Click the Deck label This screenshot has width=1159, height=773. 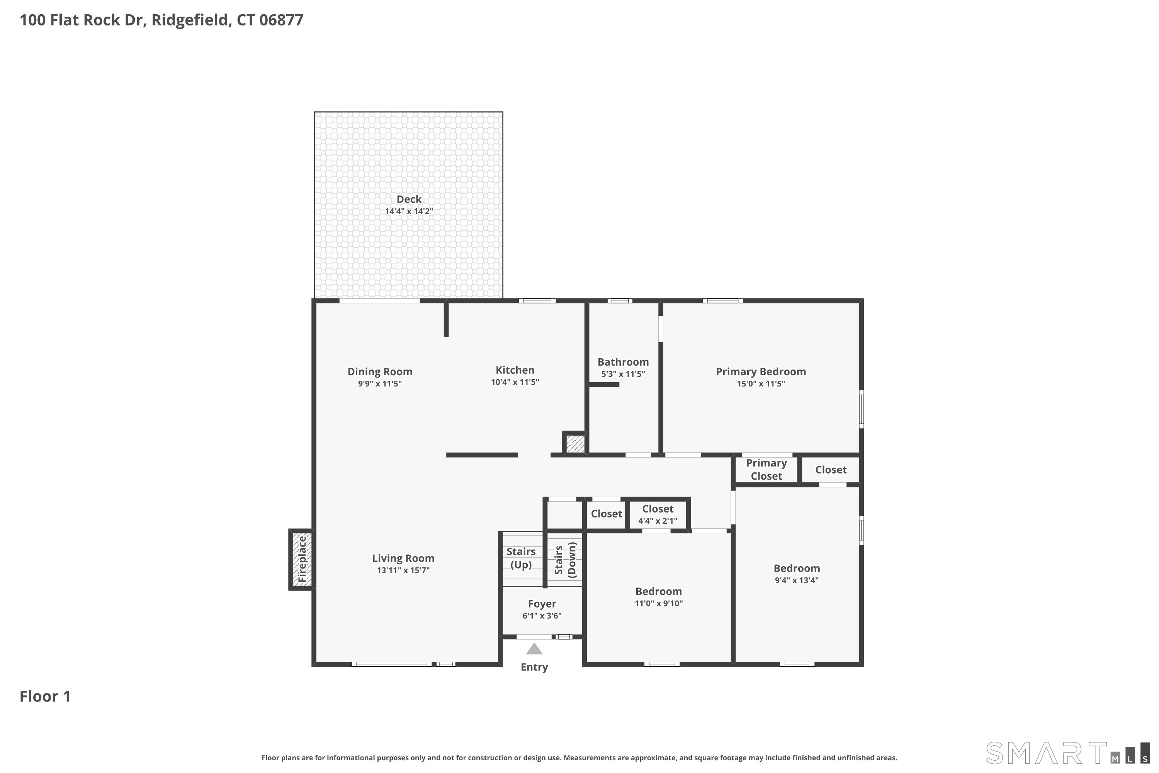(409, 199)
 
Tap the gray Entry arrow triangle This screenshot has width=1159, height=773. (534, 649)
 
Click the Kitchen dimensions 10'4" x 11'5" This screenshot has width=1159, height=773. (515, 382)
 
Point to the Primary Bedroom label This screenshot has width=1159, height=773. (761, 372)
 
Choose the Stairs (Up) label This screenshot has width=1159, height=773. (521, 558)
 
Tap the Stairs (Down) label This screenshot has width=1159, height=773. (565, 560)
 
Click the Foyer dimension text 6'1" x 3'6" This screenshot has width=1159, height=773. (542, 616)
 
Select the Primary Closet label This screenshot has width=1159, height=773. (766, 469)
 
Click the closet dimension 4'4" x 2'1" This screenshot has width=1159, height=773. (658, 521)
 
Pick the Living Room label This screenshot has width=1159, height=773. (403, 558)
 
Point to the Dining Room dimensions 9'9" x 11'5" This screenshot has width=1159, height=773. (380, 383)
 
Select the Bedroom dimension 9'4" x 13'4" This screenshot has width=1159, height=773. (797, 580)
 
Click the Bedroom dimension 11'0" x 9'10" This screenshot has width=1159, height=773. (658, 603)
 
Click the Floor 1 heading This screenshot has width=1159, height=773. (45, 696)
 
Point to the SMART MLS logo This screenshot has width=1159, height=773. (1067, 753)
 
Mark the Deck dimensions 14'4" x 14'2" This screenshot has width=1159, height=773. (409, 211)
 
